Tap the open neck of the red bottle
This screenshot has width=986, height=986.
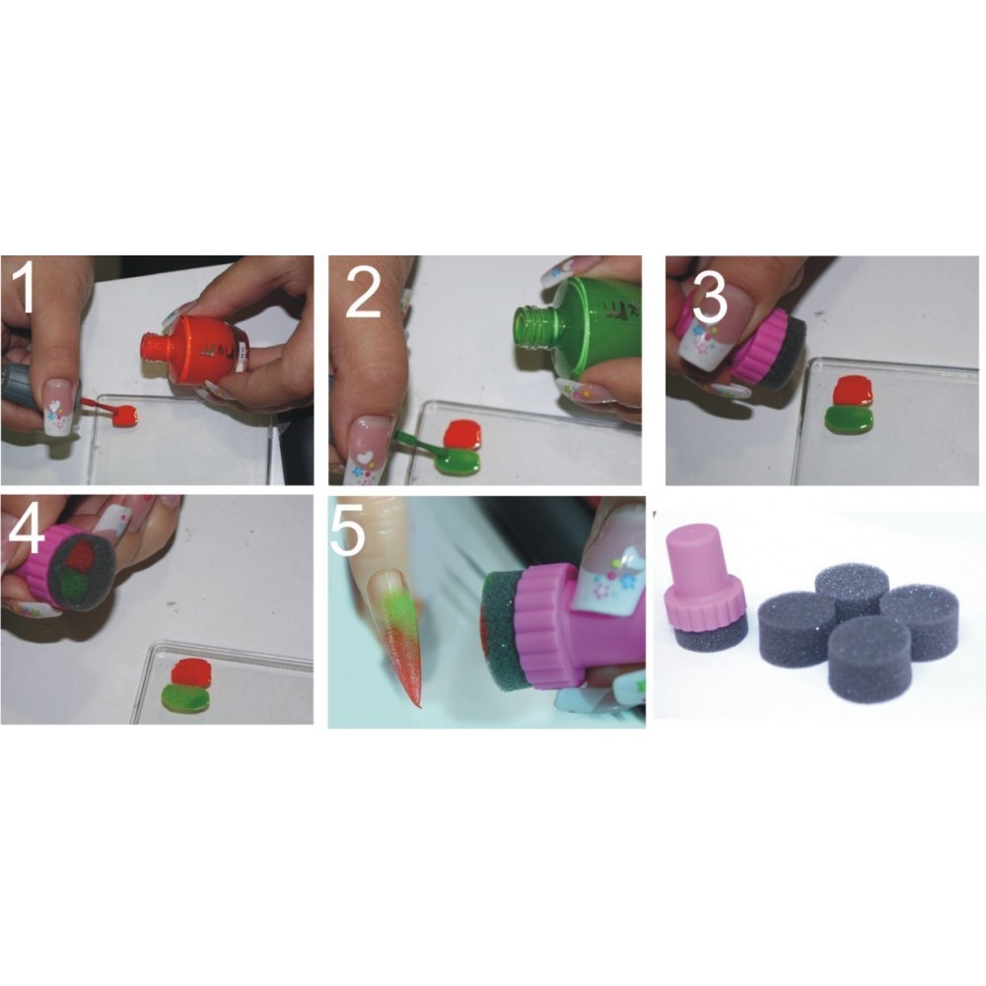click(155, 347)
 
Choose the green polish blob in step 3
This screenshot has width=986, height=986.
click(849, 420)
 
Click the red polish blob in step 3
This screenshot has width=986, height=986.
click(852, 392)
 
